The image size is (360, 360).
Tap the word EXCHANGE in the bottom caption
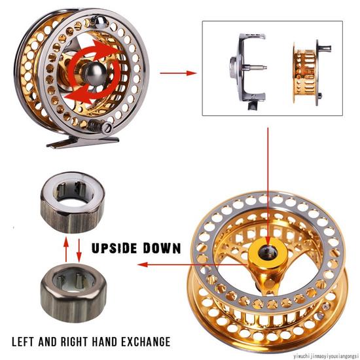tap(144, 342)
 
